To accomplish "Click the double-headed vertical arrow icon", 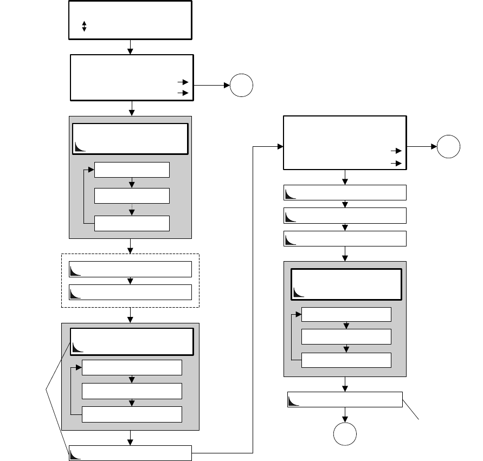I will click(x=84, y=27).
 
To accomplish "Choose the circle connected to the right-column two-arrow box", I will click(x=449, y=146).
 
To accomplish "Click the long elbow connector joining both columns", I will click(x=253, y=298).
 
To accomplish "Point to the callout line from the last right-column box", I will click(x=411, y=409).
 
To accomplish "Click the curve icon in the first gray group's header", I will click(x=81, y=146).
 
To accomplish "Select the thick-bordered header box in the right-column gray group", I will click(x=346, y=283).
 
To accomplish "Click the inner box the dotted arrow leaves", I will click(x=132, y=195).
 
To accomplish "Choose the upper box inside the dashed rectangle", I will click(x=131, y=269).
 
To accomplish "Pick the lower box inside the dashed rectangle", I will click(x=131, y=291).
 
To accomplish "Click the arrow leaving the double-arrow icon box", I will click(x=130, y=47).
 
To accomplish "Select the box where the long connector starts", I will click(x=131, y=452).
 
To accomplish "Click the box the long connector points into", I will click(x=345, y=142).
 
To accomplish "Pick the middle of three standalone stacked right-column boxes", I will click(x=345, y=216).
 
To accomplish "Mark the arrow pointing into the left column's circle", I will click(x=212, y=86).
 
